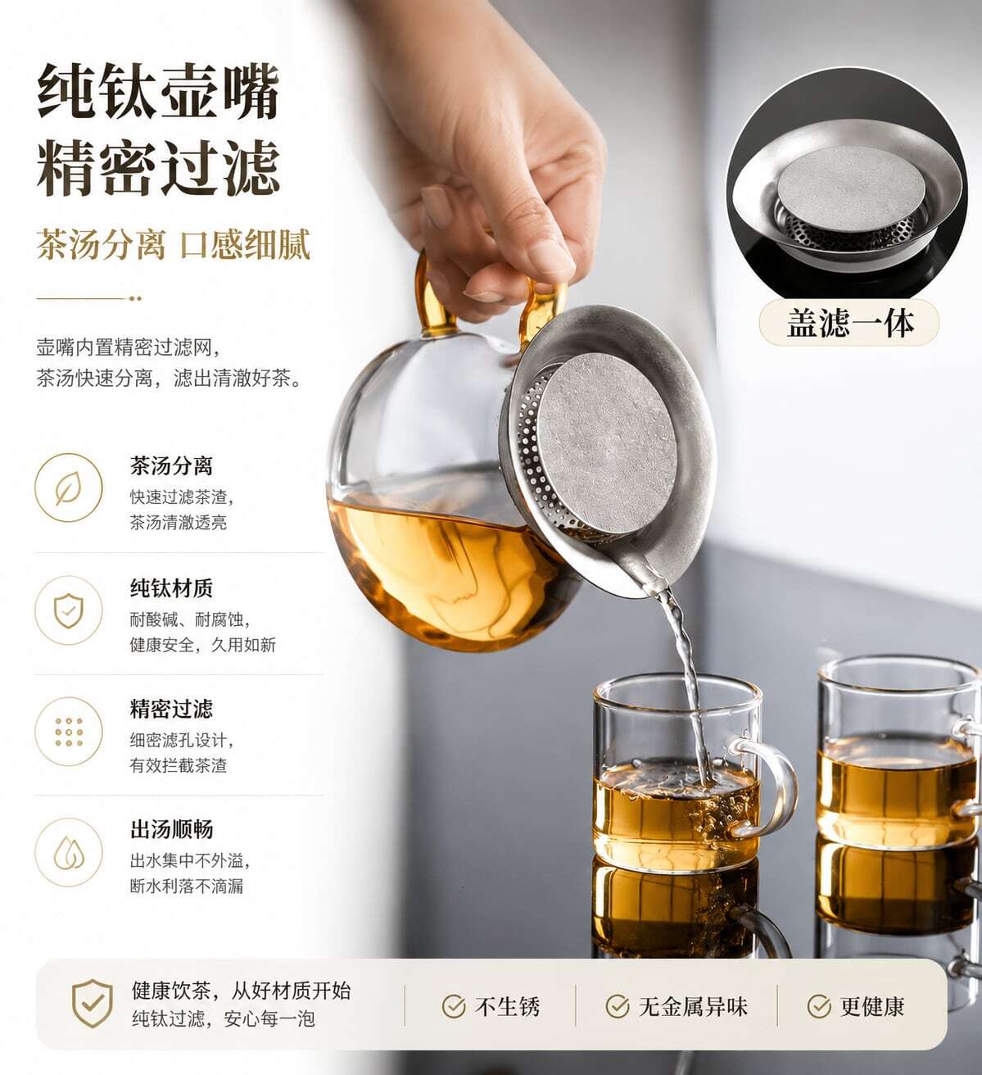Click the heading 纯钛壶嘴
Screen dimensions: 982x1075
pos(159,90)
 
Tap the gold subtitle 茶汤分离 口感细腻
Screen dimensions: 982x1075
pos(173,245)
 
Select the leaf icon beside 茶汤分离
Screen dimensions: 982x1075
pos(69,488)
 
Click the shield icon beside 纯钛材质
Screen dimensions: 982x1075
pos(69,610)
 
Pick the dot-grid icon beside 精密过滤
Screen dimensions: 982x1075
pos(69,732)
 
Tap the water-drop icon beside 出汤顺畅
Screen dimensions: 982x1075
pos(69,853)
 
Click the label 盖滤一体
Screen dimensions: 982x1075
pos(849,323)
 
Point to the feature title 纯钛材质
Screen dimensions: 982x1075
pos(171,588)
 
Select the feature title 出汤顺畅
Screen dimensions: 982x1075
pos(171,829)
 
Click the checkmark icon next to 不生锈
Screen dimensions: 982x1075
pos(453,1006)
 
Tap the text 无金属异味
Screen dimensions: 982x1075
pos(692,1006)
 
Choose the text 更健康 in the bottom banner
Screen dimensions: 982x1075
pos(872,1006)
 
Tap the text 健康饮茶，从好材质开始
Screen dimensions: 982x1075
pos(241,991)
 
